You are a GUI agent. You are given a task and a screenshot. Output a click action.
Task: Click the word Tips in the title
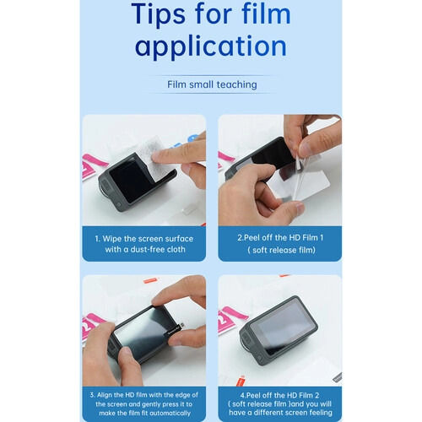[x=157, y=14]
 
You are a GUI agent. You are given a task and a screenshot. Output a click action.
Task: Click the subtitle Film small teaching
[x=211, y=85]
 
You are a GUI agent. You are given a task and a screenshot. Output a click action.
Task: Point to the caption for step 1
[x=143, y=244]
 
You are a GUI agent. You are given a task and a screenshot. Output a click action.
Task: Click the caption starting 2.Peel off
[x=279, y=244]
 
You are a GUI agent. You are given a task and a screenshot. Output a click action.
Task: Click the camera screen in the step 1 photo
[x=133, y=181]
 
